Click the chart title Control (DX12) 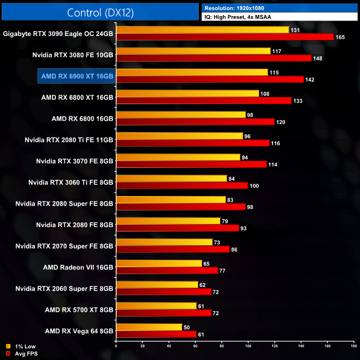pyautogui.click(x=100, y=12)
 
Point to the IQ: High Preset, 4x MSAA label pyautogui.click(x=241, y=17)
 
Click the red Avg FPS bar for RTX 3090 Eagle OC pyautogui.click(x=225, y=37)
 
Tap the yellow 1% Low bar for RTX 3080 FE pyautogui.click(x=193, y=51)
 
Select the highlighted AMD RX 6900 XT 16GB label pyautogui.click(x=76, y=75)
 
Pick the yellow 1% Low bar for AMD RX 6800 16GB pyautogui.click(x=181, y=115)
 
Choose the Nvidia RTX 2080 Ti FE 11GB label pyautogui.click(x=69, y=139)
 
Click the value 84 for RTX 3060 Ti pyautogui.click(x=233, y=178)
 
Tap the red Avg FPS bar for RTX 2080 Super pyautogui.click(x=181, y=207)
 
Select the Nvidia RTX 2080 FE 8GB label pyautogui.click(x=74, y=224)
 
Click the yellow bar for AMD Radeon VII pyautogui.click(x=159, y=264)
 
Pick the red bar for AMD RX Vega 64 pyautogui.click(x=156, y=334)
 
